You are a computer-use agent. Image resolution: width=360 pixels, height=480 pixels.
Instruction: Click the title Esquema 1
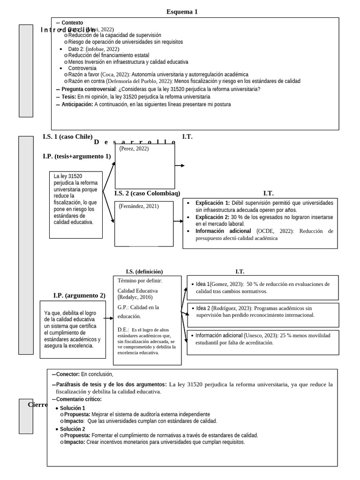click(182, 12)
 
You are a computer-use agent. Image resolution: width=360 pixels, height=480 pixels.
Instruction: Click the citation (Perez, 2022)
click(134, 149)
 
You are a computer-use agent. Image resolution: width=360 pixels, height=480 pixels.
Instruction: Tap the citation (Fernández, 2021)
click(139, 206)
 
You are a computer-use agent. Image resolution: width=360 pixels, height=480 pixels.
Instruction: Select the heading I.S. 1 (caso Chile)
click(67, 136)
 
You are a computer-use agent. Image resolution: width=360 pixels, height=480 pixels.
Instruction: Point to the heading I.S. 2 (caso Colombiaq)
click(147, 193)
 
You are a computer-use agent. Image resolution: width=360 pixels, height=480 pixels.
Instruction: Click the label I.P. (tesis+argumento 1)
click(76, 156)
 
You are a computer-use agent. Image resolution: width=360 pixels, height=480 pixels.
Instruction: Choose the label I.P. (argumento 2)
click(79, 295)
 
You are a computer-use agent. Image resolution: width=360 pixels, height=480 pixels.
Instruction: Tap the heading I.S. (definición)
click(144, 271)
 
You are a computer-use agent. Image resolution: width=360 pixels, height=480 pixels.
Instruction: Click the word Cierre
click(38, 405)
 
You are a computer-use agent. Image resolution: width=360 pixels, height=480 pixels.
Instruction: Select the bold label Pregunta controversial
click(88, 89)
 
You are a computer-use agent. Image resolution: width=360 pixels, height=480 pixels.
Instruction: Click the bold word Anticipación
click(77, 105)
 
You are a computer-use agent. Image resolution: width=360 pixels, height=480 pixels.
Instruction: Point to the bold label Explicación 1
click(212, 203)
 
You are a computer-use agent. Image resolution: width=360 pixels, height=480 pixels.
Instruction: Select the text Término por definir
click(140, 280)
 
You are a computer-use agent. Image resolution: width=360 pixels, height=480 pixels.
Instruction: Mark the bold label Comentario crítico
click(78, 399)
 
